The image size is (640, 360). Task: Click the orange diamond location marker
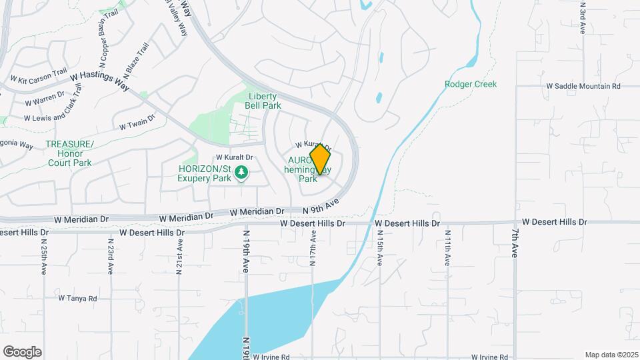pyautogui.click(x=321, y=159)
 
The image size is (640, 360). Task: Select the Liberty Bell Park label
pyautogui.click(x=263, y=101)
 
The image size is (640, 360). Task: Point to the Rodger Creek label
pyautogui.click(x=471, y=84)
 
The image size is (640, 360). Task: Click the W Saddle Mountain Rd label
pyautogui.click(x=583, y=86)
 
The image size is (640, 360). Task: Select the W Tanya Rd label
pyautogui.click(x=78, y=298)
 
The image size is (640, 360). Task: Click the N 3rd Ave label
pyautogui.click(x=582, y=19)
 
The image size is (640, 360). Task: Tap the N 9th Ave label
pyautogui.click(x=321, y=207)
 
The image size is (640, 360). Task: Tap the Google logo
pyautogui.click(x=22, y=351)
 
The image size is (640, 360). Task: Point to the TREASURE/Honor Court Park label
pyautogui.click(x=69, y=153)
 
